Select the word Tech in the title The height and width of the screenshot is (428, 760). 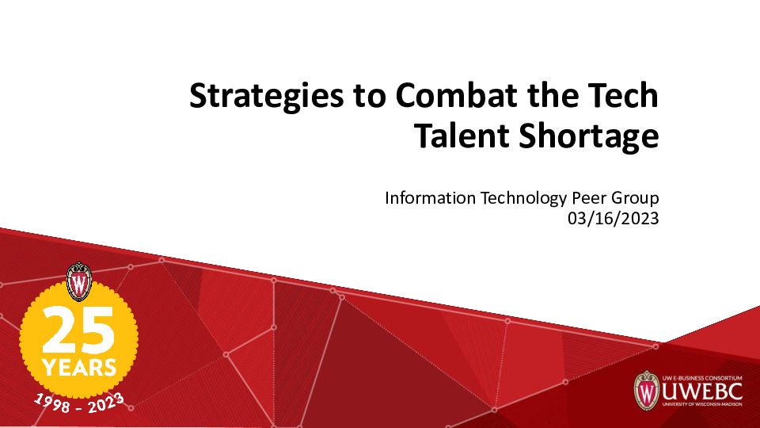pos(621,97)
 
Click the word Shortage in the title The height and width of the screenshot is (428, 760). pos(587,137)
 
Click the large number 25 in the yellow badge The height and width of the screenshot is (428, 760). pos(78,331)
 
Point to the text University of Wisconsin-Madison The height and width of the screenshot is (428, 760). pos(694,407)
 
